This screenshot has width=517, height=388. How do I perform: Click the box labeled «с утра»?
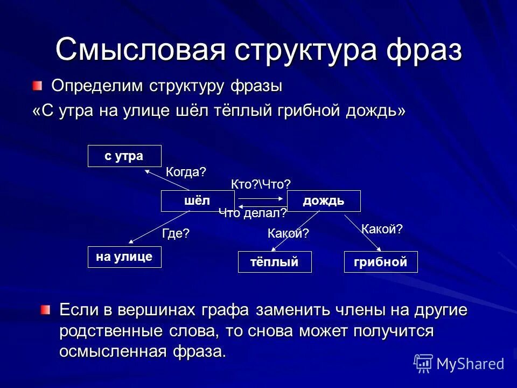coord(124,156)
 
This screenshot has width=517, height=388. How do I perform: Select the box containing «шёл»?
coord(198,201)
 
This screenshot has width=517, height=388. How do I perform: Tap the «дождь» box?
coord(324,201)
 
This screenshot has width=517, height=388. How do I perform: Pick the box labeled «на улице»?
coord(124,257)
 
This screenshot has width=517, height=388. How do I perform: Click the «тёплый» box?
coord(275,262)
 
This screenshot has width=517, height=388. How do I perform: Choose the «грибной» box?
coord(381,262)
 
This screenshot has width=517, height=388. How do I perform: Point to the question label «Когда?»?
coord(186,172)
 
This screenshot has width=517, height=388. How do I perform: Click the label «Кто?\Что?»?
coord(261,184)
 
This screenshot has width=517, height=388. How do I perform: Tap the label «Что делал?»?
coord(253,213)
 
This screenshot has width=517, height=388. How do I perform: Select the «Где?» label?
coord(176,233)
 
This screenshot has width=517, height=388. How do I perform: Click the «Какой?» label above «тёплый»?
coord(288,233)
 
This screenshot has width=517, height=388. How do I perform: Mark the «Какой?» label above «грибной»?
coord(382,229)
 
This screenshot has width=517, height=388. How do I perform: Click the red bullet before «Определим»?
coord(36,85)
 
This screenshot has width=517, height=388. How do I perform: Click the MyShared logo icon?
coord(423,363)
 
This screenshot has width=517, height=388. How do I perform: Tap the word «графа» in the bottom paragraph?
coord(225,310)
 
